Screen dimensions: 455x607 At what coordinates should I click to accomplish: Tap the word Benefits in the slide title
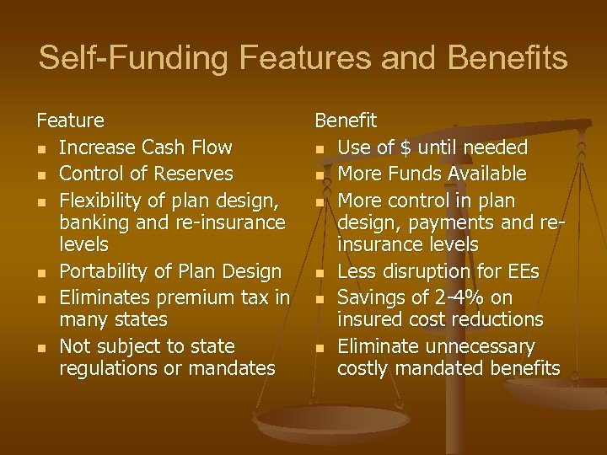click(508, 58)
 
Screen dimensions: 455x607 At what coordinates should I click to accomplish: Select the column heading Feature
click(70, 121)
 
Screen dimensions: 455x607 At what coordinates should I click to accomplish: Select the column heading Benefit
click(346, 121)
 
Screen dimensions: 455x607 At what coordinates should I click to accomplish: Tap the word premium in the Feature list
click(196, 297)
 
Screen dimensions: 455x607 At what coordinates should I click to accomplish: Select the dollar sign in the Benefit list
click(406, 148)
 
